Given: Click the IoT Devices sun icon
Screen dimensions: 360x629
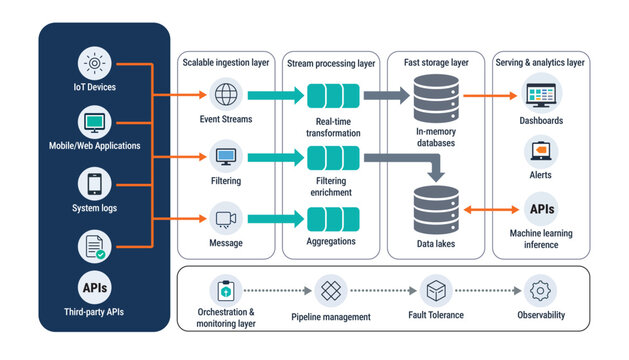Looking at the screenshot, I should (x=94, y=64).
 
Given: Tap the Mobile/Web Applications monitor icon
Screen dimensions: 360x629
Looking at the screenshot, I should (x=94, y=123).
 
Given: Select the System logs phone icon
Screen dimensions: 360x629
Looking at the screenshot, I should (x=94, y=184).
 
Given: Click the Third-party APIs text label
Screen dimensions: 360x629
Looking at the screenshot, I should (x=94, y=312).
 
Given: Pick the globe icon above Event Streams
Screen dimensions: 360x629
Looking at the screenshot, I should (x=226, y=96).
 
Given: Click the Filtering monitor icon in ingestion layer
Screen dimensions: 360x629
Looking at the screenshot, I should (x=226, y=157).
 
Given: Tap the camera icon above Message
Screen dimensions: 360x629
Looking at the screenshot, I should (x=226, y=218).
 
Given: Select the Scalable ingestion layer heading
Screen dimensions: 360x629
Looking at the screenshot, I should (x=226, y=62).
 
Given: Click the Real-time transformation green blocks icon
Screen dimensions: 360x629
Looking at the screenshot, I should (x=332, y=96).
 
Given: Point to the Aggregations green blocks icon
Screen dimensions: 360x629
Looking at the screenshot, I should (x=332, y=219).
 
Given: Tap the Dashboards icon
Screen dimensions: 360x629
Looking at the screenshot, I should (x=541, y=96).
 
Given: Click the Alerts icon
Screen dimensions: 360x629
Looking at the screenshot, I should (x=541, y=151).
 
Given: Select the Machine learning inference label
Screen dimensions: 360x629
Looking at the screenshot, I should (x=541, y=238).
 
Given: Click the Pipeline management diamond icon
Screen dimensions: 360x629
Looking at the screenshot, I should (x=331, y=291).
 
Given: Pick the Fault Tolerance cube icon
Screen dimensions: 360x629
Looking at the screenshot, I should (x=435, y=291).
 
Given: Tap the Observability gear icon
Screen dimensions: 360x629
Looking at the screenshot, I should (x=541, y=291).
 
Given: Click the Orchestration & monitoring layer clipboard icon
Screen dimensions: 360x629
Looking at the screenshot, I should (x=226, y=291).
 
